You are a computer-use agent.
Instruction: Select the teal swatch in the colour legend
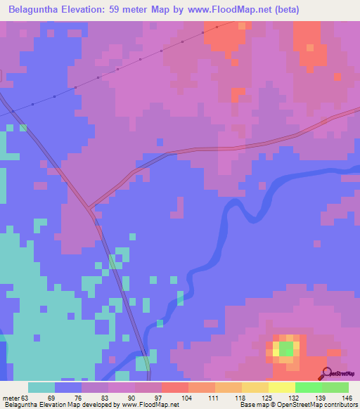point(41,387)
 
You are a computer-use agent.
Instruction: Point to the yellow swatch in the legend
point(282,387)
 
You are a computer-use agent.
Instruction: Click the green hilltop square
point(286,348)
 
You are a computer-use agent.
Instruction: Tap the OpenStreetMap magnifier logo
point(325,374)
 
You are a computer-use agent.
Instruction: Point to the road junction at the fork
point(89,206)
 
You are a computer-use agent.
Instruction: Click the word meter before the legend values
point(12,398)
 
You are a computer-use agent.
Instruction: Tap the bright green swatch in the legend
point(309,387)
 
